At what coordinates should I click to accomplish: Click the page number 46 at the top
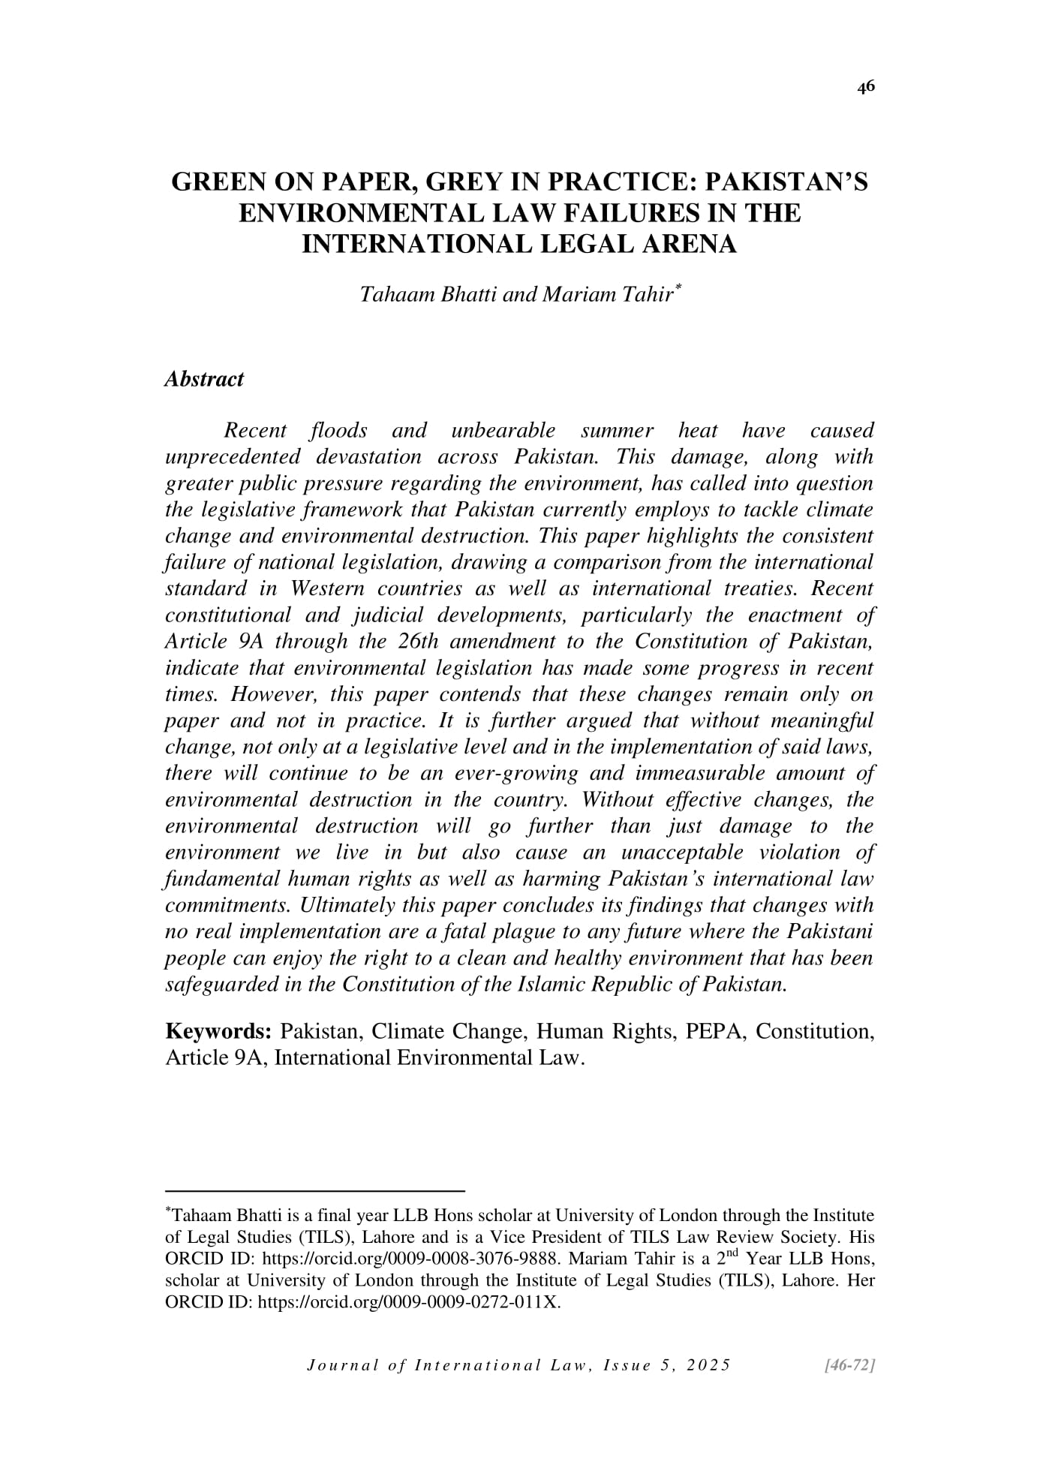click(866, 88)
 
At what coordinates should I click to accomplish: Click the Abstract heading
click(204, 379)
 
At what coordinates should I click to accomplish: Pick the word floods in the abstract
click(338, 431)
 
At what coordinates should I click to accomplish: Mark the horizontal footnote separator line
click(315, 1190)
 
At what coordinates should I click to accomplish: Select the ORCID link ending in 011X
click(409, 1301)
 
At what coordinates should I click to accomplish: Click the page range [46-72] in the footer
click(849, 1365)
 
